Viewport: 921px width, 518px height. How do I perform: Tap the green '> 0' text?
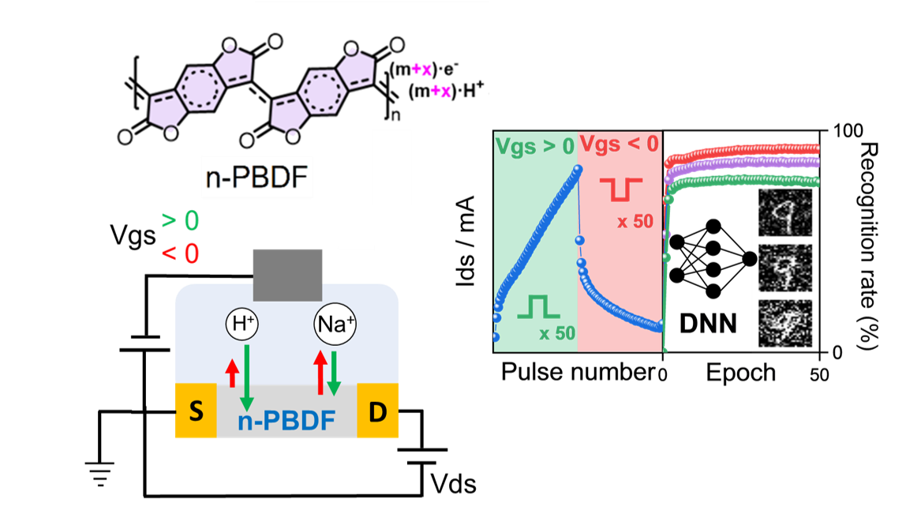click(x=180, y=221)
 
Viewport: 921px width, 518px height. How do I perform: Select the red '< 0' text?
click(x=180, y=253)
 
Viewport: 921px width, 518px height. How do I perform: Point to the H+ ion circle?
click(x=242, y=323)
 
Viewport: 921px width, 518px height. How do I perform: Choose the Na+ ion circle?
click(x=335, y=325)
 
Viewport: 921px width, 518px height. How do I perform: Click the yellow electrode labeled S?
click(x=196, y=411)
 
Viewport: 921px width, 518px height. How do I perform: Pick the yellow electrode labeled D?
click(x=377, y=411)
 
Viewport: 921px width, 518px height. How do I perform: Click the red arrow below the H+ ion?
click(x=231, y=373)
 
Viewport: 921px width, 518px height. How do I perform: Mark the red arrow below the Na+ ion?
click(x=320, y=373)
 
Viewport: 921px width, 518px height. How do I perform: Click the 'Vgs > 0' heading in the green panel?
click(x=535, y=146)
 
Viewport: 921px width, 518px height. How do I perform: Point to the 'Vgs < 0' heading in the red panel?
click(x=619, y=144)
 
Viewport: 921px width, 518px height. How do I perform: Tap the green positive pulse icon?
click(x=537, y=306)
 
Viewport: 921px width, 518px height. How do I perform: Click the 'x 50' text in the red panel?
click(x=635, y=222)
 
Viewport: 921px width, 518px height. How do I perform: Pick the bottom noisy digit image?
click(x=785, y=324)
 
